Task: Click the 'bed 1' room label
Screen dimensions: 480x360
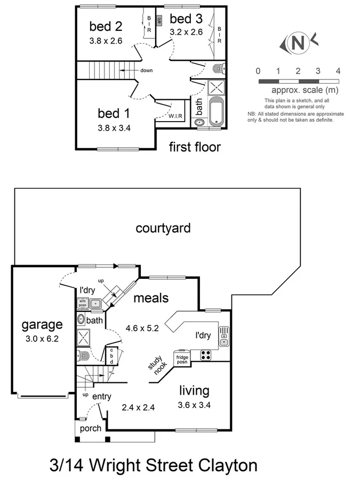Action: click(113, 113)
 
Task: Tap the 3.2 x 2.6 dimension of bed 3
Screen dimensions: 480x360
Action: click(186, 32)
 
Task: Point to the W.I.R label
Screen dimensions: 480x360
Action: click(176, 116)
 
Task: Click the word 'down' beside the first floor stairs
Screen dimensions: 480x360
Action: click(147, 70)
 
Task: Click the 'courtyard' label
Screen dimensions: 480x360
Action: click(163, 228)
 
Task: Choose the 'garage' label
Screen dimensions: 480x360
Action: click(42, 324)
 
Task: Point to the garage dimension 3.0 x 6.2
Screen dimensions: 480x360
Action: click(42, 338)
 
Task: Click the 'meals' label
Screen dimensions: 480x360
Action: click(151, 298)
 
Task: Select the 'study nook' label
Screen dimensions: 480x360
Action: click(158, 366)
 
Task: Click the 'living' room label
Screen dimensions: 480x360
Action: click(194, 390)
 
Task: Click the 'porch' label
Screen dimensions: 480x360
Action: click(90, 428)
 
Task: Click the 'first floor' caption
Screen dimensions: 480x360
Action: click(195, 147)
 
